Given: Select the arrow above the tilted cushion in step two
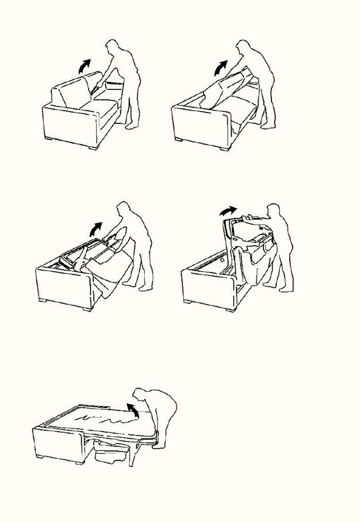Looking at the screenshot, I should point(219,67).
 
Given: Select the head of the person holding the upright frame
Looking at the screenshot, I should point(273,211).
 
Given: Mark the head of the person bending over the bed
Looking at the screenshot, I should point(141,394).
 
